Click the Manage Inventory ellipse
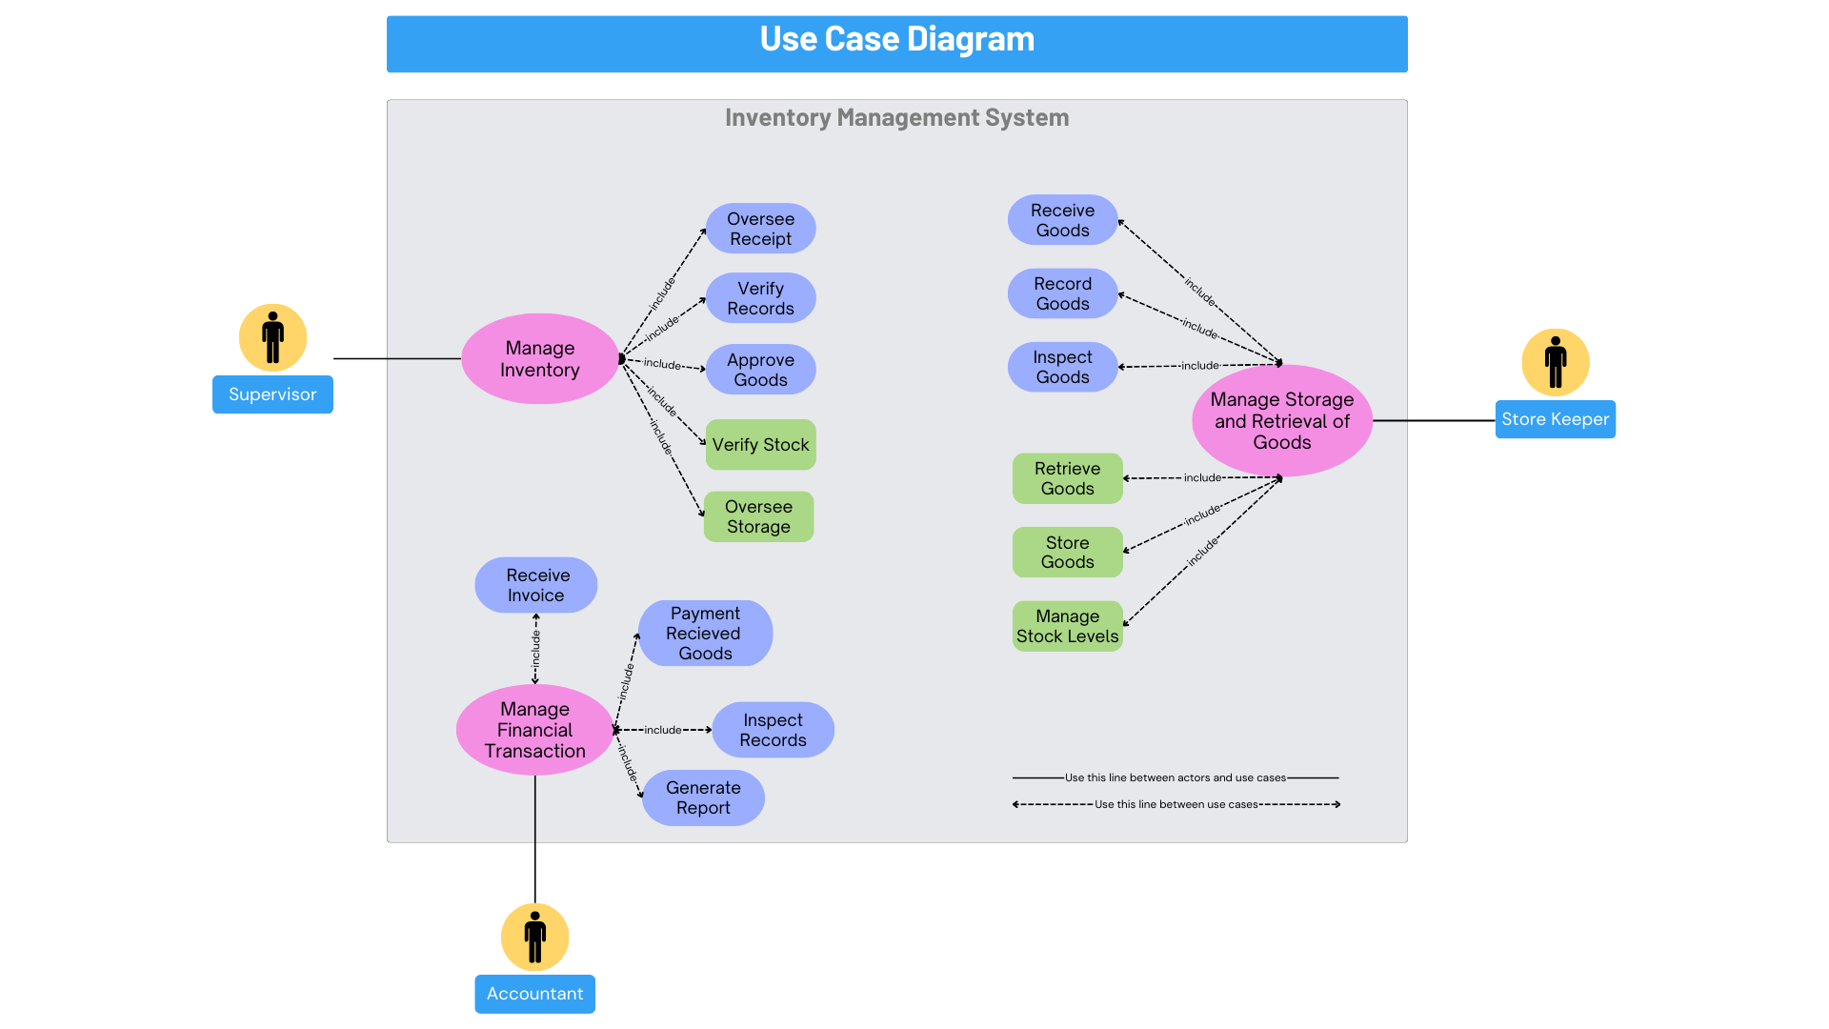539,359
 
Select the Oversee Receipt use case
760,229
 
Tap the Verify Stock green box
760,445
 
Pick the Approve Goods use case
760,370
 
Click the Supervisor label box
272,394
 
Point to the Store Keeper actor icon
1555,363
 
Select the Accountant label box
534,994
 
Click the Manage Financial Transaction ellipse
534,730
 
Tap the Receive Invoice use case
536,585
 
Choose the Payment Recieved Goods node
705,634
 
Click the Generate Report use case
703,798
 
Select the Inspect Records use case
773,731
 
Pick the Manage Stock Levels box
1067,627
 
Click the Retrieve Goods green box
1067,478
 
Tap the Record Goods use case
1062,293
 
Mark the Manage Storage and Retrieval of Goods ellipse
1281,421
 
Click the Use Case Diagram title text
896,40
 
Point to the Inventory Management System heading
896,118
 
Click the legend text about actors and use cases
1175,778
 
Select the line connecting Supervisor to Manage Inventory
396,359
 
